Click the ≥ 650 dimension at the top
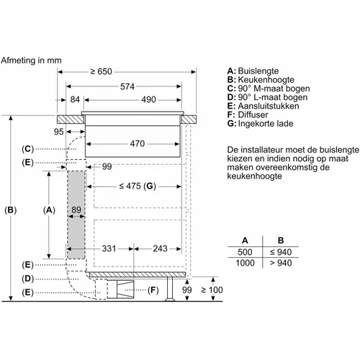[101, 71]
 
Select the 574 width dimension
[127, 86]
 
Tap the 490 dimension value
[148, 99]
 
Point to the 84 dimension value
[75, 99]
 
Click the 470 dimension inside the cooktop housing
[138, 143]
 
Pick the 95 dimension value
[58, 132]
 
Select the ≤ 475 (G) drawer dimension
[138, 186]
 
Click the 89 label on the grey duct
[76, 210]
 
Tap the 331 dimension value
[109, 248]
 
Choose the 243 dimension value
[160, 248]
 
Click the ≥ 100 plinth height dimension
[212, 289]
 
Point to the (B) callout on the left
[11, 210]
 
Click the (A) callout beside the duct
[49, 210]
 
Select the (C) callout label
[28, 149]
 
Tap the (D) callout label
[28, 279]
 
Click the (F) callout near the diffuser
[153, 290]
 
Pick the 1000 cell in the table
[245, 263]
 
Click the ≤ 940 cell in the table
[281, 252]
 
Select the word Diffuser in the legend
[253, 114]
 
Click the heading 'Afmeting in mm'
[31, 60]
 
